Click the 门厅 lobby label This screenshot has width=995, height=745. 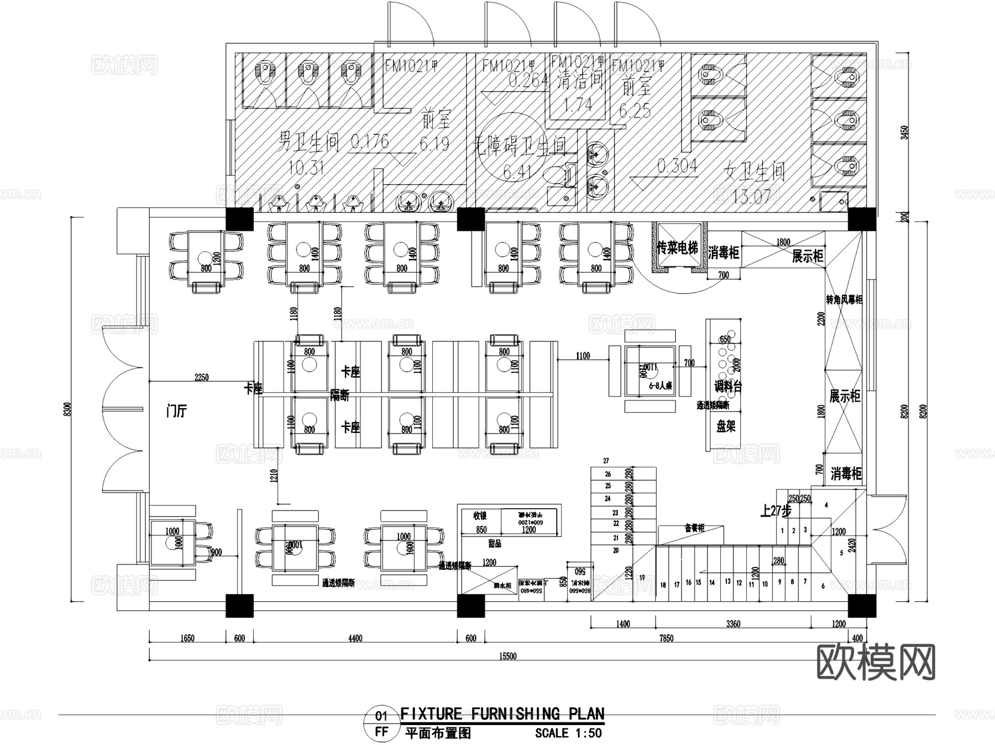[x=177, y=411]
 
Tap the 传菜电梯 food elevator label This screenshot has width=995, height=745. [x=677, y=248]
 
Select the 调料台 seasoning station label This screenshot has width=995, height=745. [x=727, y=387]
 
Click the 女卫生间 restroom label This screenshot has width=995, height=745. [x=755, y=173]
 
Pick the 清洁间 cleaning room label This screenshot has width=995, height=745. [x=579, y=81]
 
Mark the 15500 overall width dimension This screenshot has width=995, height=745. [x=507, y=657]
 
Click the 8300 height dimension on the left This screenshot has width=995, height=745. [x=67, y=410]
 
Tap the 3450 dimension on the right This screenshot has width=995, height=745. [x=904, y=133]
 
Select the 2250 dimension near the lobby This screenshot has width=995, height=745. [x=202, y=377]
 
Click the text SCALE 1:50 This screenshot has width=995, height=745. [x=568, y=733]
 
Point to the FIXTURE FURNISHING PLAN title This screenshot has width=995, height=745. [x=502, y=714]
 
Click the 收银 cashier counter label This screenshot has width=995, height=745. [x=480, y=515]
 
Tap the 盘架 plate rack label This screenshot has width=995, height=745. [x=725, y=426]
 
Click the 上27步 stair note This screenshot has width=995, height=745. [x=775, y=511]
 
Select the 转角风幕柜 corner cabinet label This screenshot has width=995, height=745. [x=844, y=300]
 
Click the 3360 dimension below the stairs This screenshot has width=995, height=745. [x=733, y=624]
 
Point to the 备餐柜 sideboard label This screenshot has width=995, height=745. [x=694, y=528]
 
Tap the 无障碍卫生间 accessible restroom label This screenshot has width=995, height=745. [x=520, y=146]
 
